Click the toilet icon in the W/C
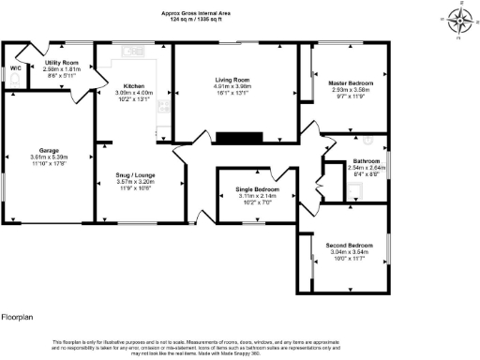point(16,82)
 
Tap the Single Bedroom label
point(252,189)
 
